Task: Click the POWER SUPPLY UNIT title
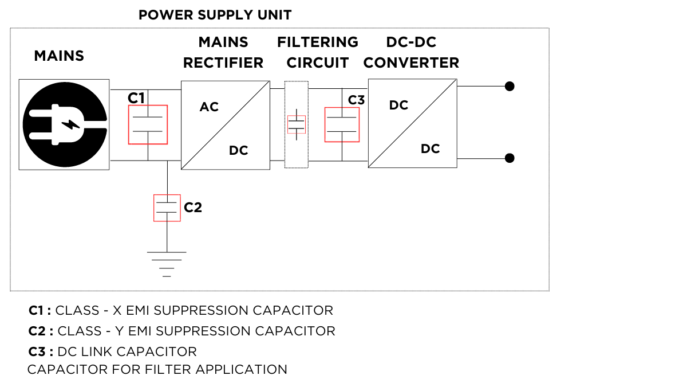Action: pos(215,15)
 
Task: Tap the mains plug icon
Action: pos(64,124)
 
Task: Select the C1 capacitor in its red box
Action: pos(148,124)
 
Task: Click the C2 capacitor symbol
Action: pos(167,208)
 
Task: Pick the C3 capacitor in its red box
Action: pos(342,124)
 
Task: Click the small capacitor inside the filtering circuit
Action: pos(296,124)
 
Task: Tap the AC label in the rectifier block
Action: pos(209,107)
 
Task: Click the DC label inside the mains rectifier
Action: pos(238,151)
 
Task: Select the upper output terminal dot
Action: pos(510,86)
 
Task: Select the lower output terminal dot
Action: pos(510,158)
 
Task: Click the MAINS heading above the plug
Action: pos(59,56)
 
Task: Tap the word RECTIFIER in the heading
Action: pos(223,63)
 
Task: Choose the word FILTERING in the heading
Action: pos(318,42)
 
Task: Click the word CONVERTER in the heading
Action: pos(411,63)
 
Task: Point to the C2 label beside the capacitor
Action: pos(193,208)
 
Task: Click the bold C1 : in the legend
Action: pos(40,311)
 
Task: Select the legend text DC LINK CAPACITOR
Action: pos(127,351)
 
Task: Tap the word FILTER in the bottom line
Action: pos(170,370)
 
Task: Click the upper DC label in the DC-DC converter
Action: pos(398,105)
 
